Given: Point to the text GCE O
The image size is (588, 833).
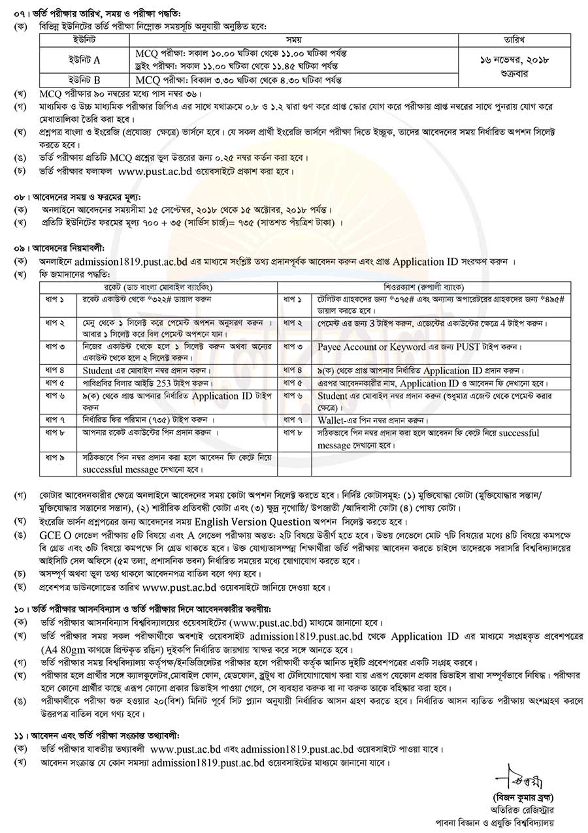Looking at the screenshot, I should (x=53, y=533).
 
